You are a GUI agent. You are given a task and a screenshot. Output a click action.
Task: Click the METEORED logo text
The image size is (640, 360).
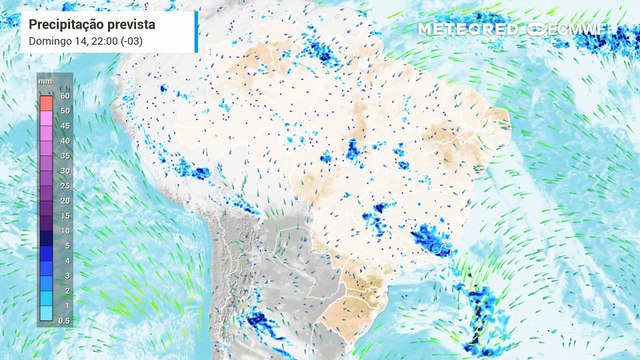[467, 29]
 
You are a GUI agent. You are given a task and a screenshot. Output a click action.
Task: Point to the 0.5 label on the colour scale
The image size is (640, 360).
[65, 320]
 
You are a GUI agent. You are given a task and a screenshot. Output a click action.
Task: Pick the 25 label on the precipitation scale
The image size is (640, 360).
[65, 185]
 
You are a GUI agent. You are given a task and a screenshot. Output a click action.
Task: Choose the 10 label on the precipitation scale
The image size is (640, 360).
[65, 230]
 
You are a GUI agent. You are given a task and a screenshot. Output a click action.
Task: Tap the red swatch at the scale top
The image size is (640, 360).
[46, 103]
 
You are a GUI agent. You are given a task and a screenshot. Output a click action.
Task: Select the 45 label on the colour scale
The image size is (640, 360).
[65, 125]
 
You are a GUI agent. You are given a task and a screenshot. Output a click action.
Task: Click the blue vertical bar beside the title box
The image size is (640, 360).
[196, 31]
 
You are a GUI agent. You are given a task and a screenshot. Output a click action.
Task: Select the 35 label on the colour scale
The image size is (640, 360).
[65, 155]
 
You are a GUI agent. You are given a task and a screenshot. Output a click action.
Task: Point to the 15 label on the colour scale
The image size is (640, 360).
[65, 215]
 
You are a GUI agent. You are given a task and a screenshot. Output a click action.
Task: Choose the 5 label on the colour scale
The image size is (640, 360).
[65, 245]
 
